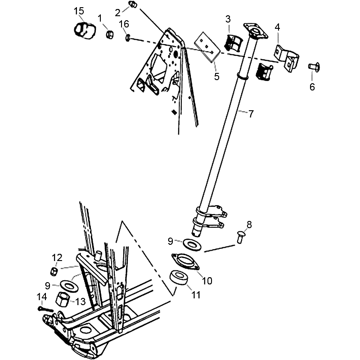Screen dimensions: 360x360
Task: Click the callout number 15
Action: coord(79,11)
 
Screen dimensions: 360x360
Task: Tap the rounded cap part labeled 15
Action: coord(85,30)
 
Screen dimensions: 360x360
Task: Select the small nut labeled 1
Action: coord(109,35)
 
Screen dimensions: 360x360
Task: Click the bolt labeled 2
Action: coord(133,4)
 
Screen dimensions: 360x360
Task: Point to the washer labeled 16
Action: coord(128,37)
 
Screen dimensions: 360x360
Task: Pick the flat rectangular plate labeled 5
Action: coord(207,47)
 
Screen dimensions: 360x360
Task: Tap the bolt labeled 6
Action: coord(314,67)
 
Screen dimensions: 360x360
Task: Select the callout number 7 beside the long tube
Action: coord(251,114)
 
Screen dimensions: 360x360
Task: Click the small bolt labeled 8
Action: coord(240,237)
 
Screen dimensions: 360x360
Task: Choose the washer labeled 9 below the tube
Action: coord(192,244)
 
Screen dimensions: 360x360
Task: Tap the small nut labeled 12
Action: coord(54,271)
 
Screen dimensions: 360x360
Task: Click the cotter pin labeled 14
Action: coord(45,310)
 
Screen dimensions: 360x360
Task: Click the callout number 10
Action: coord(207,280)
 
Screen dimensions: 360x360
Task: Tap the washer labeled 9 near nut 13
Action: coord(69,286)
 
